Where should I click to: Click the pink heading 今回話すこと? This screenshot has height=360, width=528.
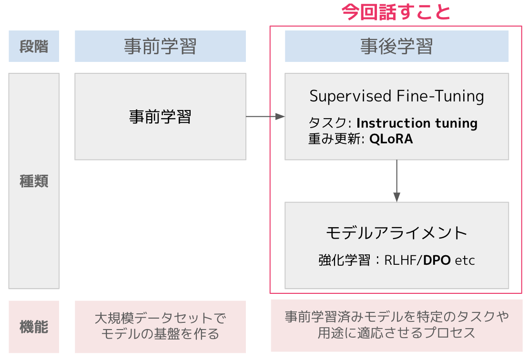(396, 12)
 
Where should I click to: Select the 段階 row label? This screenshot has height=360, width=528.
(34, 46)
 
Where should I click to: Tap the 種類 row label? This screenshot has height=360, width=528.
(34, 181)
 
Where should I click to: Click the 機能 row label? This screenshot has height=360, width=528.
(34, 327)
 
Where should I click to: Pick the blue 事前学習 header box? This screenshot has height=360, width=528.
(160, 46)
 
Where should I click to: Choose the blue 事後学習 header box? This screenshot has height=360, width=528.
(396, 46)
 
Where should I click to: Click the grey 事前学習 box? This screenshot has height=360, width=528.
(160, 116)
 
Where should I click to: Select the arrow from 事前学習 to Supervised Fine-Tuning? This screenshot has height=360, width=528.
(265, 117)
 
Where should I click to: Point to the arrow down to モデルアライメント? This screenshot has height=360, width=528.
(396, 180)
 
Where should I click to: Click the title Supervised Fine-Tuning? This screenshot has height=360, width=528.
(396, 96)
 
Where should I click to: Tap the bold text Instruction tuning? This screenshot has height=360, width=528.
(417, 123)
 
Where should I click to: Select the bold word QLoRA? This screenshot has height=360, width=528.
(391, 139)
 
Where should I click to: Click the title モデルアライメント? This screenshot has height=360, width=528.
(396, 233)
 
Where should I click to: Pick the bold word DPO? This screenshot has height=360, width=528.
(437, 260)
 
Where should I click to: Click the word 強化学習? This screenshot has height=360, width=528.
(344, 260)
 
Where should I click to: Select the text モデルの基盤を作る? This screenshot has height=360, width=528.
(160, 334)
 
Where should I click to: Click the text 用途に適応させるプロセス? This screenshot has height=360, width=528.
(396, 332)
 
